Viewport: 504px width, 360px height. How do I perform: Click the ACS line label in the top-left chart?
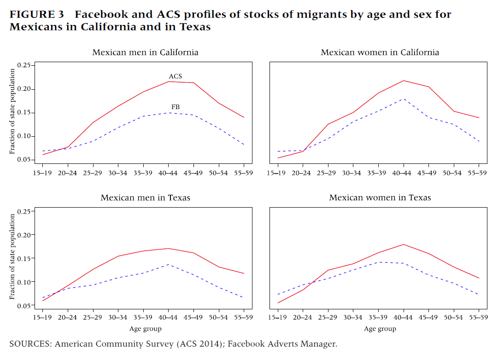(x=175, y=76)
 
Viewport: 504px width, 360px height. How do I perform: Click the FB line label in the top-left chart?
(x=176, y=107)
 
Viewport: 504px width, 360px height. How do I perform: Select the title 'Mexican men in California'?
(x=145, y=52)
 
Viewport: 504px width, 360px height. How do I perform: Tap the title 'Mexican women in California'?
(x=380, y=52)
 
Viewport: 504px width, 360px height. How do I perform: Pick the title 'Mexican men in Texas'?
(x=145, y=198)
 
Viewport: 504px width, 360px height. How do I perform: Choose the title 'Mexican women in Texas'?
(x=380, y=198)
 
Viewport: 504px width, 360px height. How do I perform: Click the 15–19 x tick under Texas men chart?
(x=43, y=318)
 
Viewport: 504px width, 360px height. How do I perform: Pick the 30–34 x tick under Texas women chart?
(x=353, y=318)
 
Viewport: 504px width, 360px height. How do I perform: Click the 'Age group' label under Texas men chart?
(x=145, y=329)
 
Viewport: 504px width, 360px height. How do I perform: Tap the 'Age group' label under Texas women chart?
(x=380, y=329)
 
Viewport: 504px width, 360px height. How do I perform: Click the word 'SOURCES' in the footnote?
(x=30, y=343)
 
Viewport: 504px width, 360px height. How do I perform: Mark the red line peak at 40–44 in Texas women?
(x=403, y=244)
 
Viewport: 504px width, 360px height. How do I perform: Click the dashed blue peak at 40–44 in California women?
(x=403, y=99)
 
